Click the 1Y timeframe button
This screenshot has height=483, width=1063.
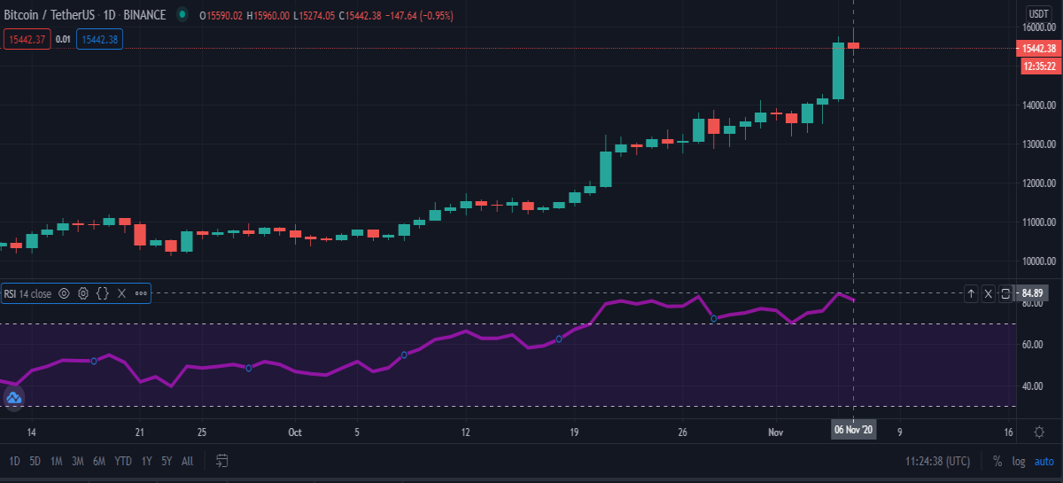(147, 461)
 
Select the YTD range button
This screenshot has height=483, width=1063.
(123, 461)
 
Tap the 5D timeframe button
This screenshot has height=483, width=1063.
(35, 461)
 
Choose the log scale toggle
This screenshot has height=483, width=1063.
(1019, 462)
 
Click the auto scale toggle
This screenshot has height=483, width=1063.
(1044, 462)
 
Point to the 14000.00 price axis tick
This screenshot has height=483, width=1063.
(1039, 105)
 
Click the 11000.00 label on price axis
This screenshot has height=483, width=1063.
(1039, 222)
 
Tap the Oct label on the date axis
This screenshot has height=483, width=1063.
(295, 432)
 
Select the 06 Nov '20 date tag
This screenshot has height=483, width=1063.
(853, 430)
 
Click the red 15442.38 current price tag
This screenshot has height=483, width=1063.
(1038, 49)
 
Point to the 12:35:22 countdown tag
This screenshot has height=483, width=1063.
(1040, 66)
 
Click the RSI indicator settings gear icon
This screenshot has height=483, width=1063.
(83, 293)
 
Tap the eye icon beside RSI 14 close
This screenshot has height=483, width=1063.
(64, 293)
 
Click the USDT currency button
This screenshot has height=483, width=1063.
(1038, 14)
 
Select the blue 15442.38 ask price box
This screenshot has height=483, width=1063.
(99, 39)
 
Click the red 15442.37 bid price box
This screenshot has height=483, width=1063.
(27, 39)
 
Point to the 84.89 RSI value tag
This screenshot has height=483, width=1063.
(1032, 293)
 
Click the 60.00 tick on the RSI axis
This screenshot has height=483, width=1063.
(1032, 345)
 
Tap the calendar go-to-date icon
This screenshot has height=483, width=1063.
(221, 461)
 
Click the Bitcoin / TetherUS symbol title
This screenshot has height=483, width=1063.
(50, 15)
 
